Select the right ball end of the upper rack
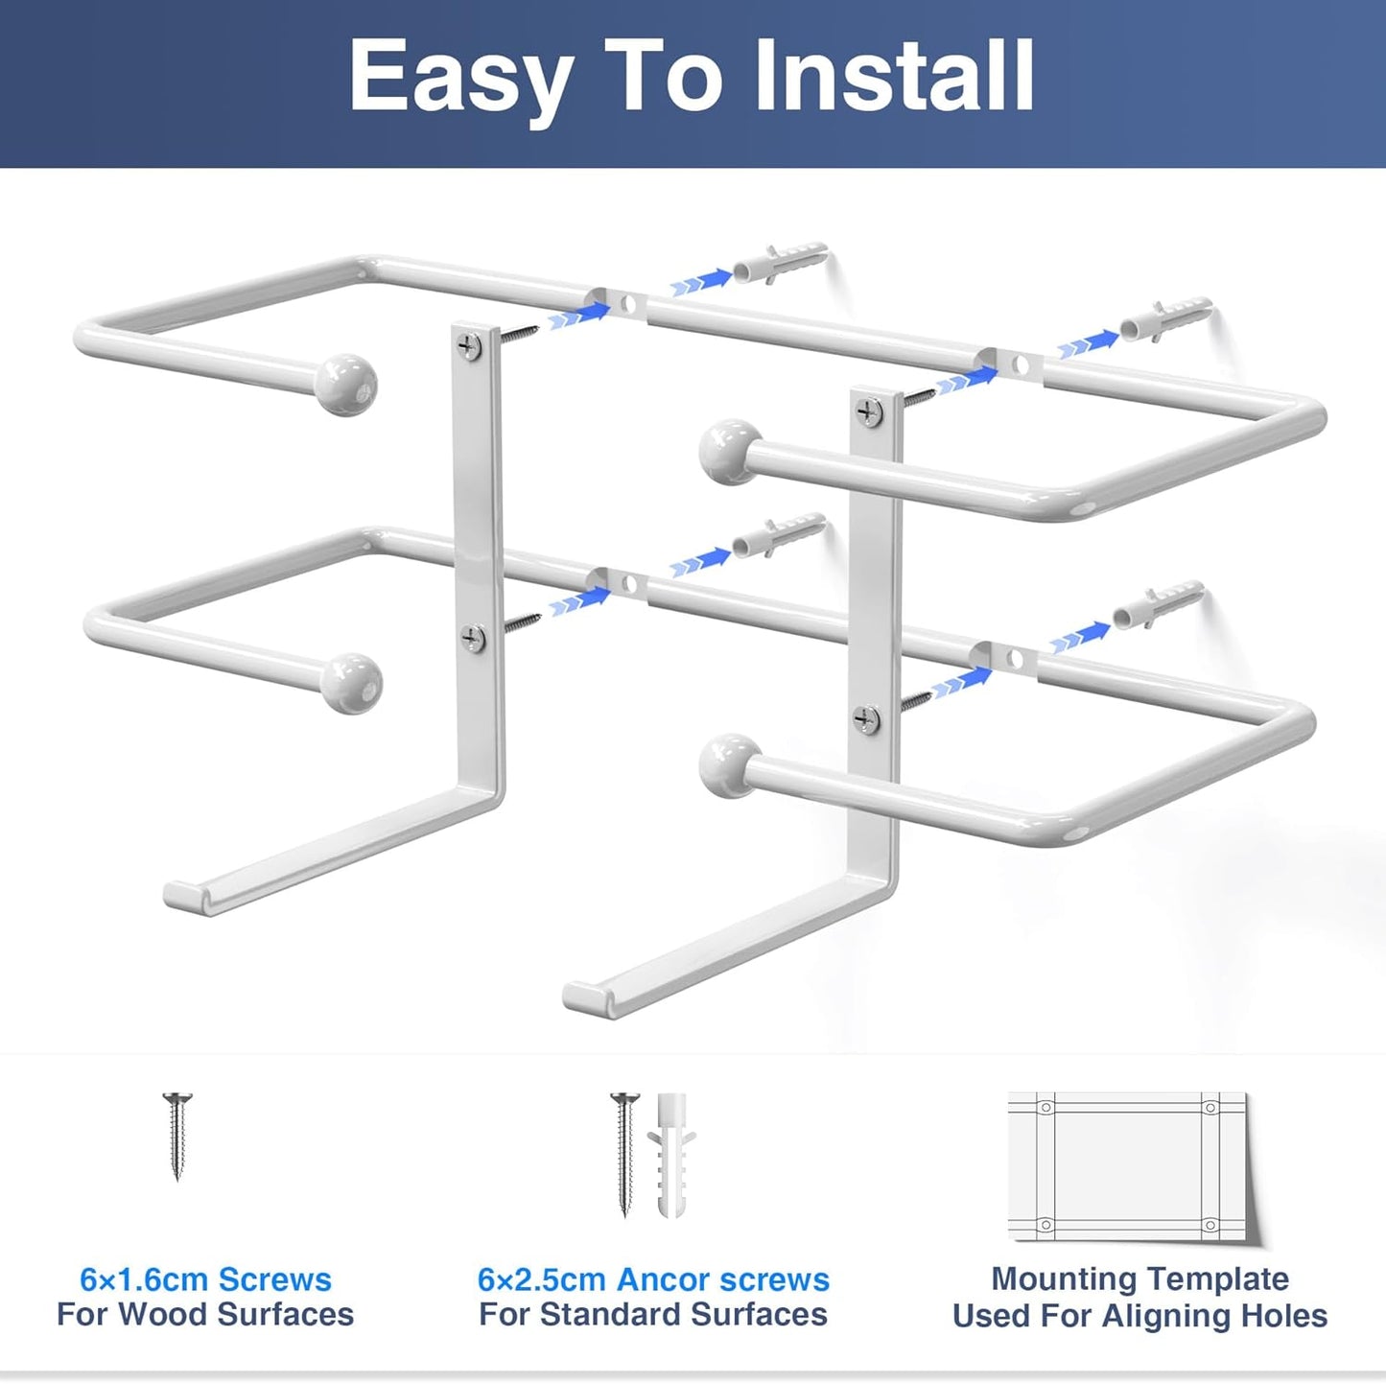(730, 451)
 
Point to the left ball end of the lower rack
(351, 683)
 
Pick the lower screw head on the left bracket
(473, 637)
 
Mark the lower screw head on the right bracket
(867, 718)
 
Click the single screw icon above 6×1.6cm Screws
(177, 1136)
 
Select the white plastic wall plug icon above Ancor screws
(671, 1156)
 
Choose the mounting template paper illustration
(1129, 1165)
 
